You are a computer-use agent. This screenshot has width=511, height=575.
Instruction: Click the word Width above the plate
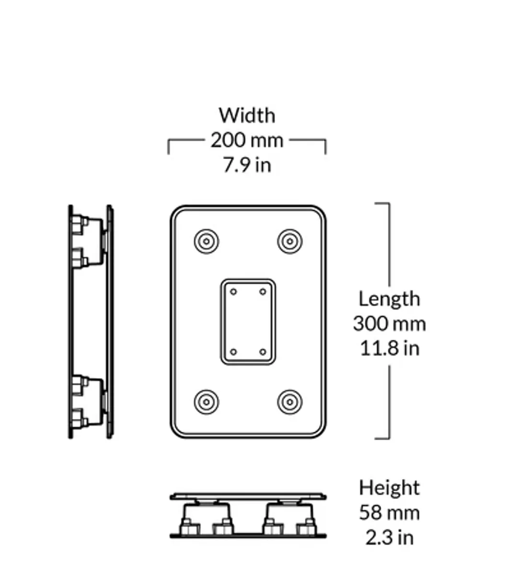click(247, 115)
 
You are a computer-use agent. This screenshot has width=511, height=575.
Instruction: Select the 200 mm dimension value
click(247, 140)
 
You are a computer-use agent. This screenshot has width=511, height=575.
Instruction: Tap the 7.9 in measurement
click(247, 165)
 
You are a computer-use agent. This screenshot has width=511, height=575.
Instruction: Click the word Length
click(389, 299)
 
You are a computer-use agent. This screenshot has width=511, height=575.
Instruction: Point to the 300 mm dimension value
click(389, 324)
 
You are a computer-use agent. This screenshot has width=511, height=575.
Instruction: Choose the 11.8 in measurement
click(389, 348)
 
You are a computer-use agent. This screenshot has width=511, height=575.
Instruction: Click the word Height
click(389, 488)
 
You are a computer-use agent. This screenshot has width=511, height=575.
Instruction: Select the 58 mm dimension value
click(389, 513)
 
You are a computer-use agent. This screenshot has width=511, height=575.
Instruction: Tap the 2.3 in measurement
click(389, 537)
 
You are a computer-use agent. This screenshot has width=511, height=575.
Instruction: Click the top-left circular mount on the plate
click(207, 241)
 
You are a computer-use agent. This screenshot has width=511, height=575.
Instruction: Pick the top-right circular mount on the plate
click(290, 241)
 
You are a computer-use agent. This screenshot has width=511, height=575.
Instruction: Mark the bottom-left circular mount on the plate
click(207, 402)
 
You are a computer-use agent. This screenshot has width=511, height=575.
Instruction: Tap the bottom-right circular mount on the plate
click(290, 402)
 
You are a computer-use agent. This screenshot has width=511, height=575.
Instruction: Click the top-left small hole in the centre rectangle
click(233, 292)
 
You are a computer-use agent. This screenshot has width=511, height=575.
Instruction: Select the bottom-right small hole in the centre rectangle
click(263, 352)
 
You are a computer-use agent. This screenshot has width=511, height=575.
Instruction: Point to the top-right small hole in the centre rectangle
click(263, 292)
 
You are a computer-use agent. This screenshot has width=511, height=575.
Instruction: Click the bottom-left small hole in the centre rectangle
click(233, 352)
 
